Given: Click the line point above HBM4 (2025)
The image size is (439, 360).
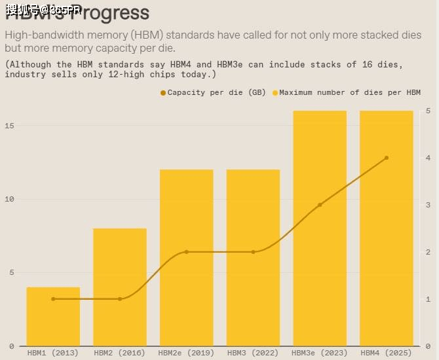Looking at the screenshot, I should [387, 158].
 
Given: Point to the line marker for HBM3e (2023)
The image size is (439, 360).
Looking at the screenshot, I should [320, 205].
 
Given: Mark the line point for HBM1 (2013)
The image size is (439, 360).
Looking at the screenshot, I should [53, 299].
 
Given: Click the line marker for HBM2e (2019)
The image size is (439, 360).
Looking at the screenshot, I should [187, 252].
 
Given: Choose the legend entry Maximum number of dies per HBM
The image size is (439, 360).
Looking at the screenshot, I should [349, 92].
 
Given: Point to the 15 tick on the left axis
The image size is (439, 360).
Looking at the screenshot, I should [10, 125].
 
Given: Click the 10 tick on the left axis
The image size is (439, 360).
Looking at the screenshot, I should [10, 199].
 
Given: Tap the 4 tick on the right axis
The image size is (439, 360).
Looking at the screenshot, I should [428, 158].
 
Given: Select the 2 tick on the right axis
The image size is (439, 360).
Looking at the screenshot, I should [428, 252].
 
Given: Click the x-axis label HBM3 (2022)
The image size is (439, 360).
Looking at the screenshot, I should [253, 353].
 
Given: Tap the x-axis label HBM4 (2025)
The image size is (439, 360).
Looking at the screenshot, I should [387, 353].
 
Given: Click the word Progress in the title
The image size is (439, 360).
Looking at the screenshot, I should [111, 12].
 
